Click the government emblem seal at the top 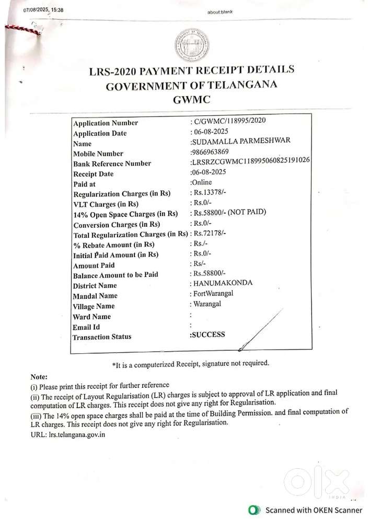[191, 45]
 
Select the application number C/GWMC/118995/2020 [230, 120]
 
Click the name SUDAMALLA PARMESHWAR [241, 141]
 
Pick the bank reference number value [250, 161]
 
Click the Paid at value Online [201, 182]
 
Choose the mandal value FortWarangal [213, 293]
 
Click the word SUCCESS [209, 334]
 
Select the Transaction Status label [102, 337]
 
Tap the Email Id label [86, 327]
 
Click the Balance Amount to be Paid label [115, 275]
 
